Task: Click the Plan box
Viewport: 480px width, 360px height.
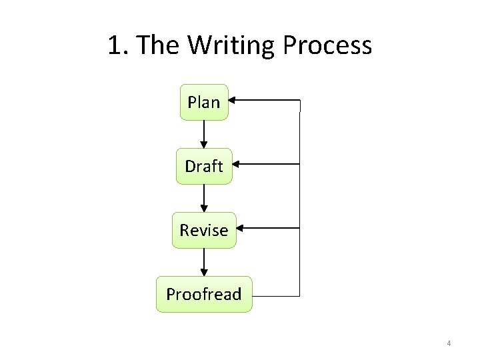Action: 204,102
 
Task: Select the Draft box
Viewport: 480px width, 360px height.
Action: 204,166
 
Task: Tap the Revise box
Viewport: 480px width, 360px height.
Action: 204,230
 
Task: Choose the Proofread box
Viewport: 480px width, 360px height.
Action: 204,294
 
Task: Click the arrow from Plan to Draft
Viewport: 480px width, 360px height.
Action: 204,133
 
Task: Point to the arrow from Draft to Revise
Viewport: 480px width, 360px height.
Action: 204,197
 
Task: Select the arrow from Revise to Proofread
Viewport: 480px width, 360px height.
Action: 204,261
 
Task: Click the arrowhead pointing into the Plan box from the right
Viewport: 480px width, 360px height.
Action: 234,101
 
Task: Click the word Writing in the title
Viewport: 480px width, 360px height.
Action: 231,45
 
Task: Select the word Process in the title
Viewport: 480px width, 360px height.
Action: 327,45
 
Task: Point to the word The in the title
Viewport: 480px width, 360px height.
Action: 160,45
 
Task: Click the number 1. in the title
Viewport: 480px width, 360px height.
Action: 119,45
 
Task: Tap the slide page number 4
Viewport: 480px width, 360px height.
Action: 449,343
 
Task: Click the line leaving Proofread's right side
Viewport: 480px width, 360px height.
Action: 276,294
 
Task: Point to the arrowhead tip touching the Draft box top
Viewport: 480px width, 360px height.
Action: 204,147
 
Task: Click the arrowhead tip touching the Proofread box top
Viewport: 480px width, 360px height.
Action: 204,275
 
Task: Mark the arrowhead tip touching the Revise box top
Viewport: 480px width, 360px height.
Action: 204,211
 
